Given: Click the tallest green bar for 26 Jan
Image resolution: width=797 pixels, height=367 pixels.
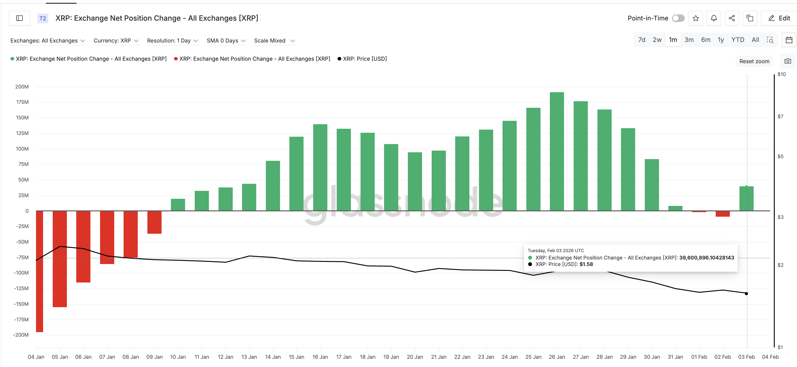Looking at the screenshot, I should [x=557, y=152].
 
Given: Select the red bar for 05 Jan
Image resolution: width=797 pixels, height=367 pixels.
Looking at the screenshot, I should [x=60, y=259].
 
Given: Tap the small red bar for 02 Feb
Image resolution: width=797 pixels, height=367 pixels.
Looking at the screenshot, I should [x=722, y=214].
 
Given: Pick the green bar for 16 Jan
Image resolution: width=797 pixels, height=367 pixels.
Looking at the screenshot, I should [x=320, y=167].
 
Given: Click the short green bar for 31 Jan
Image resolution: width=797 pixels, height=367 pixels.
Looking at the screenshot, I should [x=675, y=208].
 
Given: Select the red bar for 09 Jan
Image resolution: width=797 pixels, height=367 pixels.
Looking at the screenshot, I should [x=154, y=222].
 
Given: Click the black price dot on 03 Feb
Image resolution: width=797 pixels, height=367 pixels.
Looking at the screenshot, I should [x=746, y=293].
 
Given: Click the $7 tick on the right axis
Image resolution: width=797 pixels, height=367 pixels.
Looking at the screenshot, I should [x=780, y=117].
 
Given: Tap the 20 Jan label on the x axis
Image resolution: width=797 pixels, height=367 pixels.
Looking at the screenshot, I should [x=415, y=357].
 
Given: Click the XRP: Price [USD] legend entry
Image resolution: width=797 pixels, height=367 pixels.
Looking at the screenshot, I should [x=364, y=59].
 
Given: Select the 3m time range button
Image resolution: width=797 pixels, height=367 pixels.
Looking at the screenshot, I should [x=689, y=40].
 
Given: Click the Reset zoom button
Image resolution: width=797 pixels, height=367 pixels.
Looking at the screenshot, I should [x=754, y=61].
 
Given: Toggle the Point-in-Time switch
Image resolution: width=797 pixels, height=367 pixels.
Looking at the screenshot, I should [x=678, y=18].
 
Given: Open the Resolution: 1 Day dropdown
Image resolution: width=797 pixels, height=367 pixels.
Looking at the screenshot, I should [x=172, y=41].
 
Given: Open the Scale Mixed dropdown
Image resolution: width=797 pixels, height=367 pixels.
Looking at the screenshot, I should [x=274, y=41].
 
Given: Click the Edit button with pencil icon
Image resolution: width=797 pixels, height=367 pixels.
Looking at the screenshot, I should [x=779, y=18].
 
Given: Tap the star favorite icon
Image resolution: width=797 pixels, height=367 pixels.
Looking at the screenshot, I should [x=696, y=18].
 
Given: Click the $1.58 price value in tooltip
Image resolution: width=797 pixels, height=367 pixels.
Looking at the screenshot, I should [x=586, y=264].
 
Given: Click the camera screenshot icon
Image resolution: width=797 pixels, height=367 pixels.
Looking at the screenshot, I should [x=788, y=61].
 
